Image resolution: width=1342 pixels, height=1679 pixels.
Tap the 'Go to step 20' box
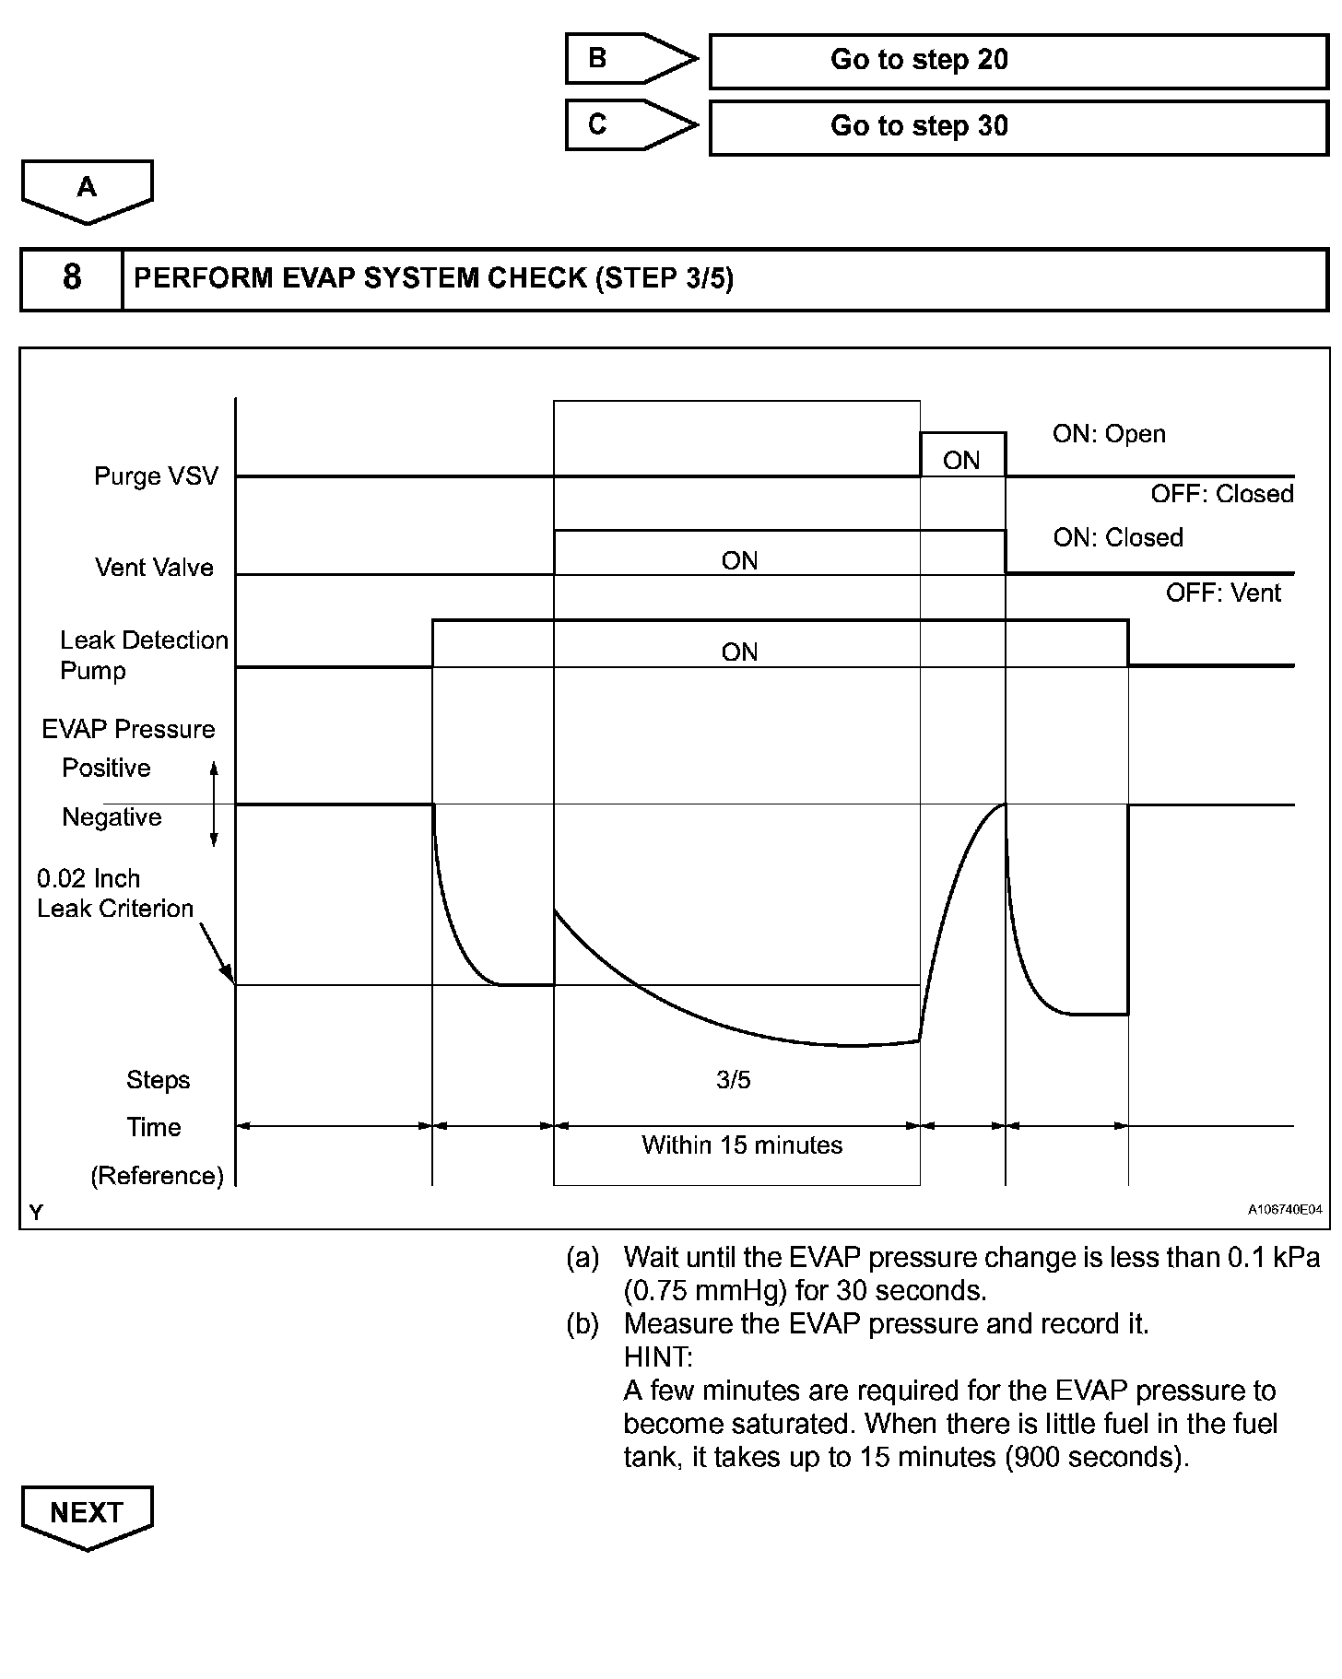coord(1018,61)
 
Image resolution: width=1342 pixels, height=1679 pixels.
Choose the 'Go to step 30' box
coord(1018,127)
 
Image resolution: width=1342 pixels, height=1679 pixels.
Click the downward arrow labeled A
coord(87,190)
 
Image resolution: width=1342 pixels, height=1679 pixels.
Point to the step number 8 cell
coord(72,278)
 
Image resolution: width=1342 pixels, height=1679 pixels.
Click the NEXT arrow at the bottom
coord(87,1515)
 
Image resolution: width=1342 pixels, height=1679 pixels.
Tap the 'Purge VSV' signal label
coord(157,476)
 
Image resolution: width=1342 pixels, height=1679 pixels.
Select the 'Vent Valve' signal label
coord(154,568)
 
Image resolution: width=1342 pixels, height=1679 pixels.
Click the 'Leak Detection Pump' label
coord(143,655)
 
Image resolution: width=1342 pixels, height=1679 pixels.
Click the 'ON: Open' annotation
coord(1109,434)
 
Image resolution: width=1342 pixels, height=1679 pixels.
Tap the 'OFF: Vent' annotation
coord(1223,593)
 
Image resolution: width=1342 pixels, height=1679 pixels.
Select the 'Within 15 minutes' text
coord(742,1145)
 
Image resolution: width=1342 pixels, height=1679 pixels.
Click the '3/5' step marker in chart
coord(734,1080)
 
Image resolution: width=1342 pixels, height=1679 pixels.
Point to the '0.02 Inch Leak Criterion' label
coord(115,894)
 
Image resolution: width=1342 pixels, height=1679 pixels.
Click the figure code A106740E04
coord(1285,1209)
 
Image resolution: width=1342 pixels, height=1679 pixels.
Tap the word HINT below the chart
coord(658,1357)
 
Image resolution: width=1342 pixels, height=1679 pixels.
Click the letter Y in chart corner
coord(36,1213)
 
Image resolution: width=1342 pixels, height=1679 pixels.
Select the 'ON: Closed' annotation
coord(1118,538)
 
